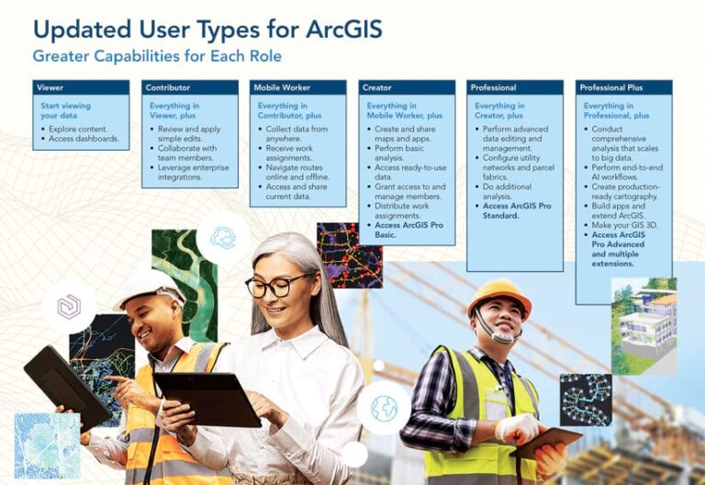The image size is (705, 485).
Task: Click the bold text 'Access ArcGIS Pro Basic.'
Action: coord(409,230)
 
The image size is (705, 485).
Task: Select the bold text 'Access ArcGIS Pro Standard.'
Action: coord(518,211)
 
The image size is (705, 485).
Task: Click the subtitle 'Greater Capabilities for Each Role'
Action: coord(157,56)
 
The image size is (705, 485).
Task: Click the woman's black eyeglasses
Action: coord(279,285)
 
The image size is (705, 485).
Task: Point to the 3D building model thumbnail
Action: coord(643,313)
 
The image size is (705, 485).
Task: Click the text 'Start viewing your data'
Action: coord(65,111)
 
